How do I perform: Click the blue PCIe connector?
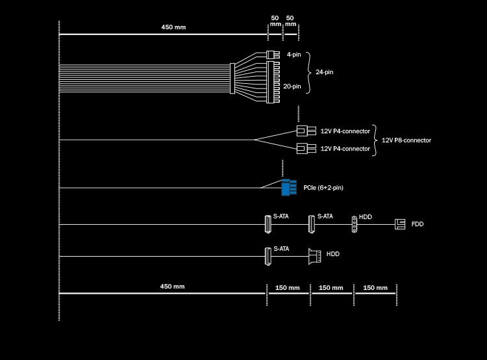click(x=289, y=187)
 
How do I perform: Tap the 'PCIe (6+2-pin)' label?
click(x=323, y=188)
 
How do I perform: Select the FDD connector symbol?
click(x=400, y=224)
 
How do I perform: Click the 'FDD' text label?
click(x=417, y=224)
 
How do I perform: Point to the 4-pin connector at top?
click(x=273, y=55)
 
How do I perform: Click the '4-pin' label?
click(x=293, y=55)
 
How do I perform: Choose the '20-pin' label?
click(x=292, y=86)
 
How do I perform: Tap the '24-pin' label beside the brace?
click(x=324, y=72)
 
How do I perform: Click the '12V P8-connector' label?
click(x=406, y=140)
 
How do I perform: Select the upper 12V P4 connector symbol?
click(x=306, y=131)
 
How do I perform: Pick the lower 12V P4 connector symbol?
click(x=306, y=148)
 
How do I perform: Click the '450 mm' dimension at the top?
click(x=173, y=27)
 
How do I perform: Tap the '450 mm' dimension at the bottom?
click(x=172, y=287)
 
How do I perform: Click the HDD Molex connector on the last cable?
click(x=315, y=257)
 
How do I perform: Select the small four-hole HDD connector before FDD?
click(x=354, y=224)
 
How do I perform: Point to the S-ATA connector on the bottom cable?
click(x=268, y=257)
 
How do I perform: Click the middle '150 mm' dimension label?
click(x=331, y=288)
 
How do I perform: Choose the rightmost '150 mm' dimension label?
click(x=375, y=288)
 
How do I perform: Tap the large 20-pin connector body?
click(x=273, y=83)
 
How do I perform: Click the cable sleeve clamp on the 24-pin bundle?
click(x=232, y=79)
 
